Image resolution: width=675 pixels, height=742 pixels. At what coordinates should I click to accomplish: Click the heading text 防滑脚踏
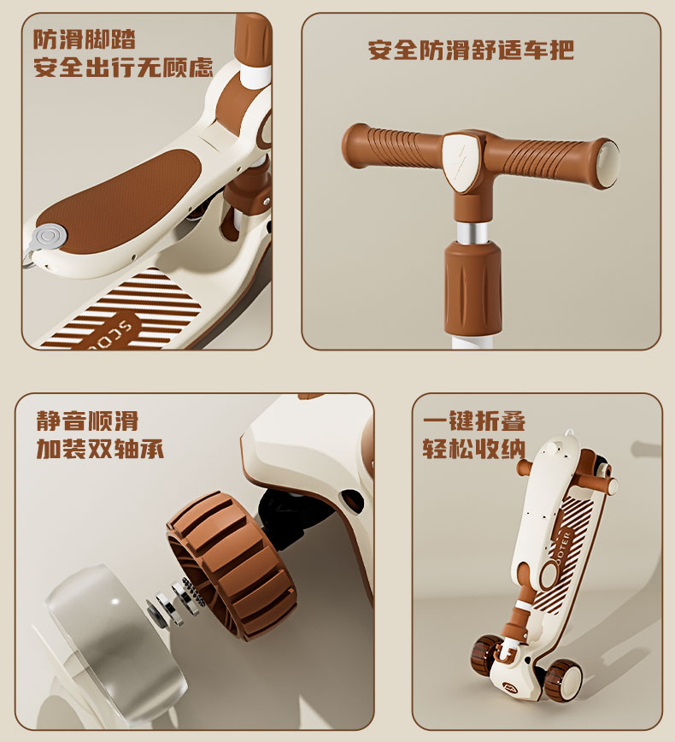click(85, 39)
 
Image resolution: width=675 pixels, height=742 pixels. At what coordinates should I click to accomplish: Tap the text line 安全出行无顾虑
click(123, 68)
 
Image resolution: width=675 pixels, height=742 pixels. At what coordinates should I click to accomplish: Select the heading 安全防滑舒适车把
click(471, 50)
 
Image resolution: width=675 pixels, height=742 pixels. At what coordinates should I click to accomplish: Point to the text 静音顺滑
click(87, 421)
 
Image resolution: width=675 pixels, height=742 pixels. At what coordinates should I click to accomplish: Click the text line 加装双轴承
click(100, 448)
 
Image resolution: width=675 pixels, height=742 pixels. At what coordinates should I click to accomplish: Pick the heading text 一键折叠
click(474, 421)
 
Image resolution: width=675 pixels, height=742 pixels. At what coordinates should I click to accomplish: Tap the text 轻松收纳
click(474, 448)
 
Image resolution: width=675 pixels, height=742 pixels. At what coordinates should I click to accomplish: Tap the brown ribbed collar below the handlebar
click(473, 286)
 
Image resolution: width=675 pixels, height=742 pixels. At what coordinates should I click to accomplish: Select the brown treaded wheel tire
click(232, 564)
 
